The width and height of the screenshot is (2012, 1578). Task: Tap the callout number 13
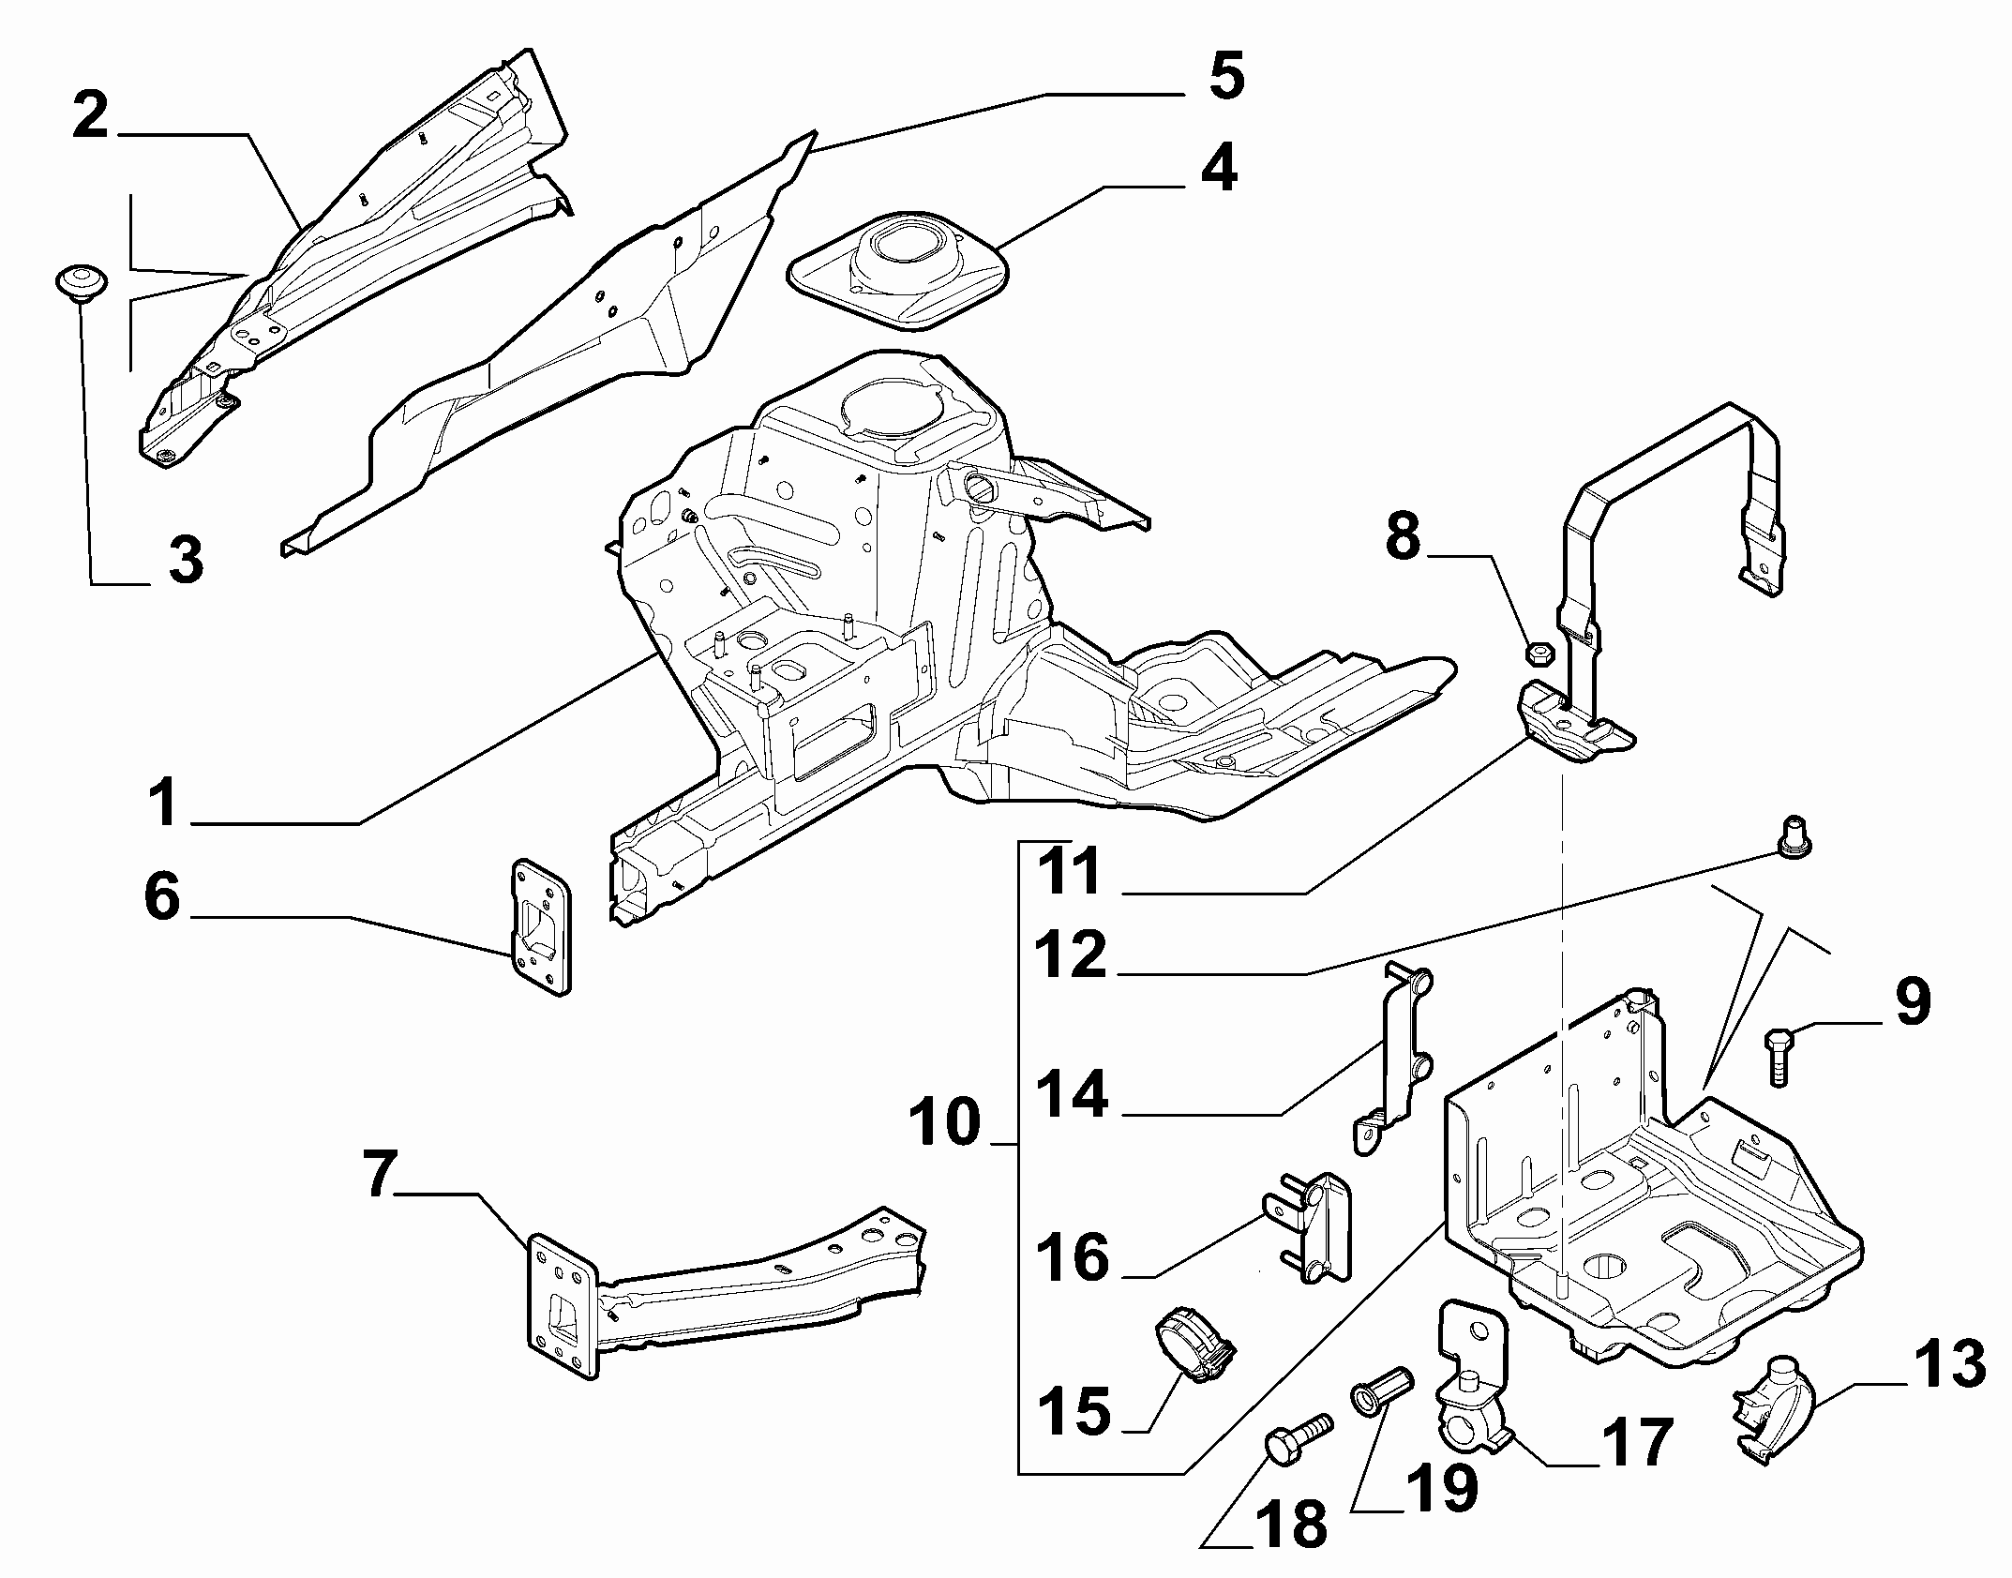[1948, 1364]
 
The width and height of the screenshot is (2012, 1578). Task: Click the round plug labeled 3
[80, 281]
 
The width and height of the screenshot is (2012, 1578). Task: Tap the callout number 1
[165, 803]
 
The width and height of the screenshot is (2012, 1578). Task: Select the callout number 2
[91, 115]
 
